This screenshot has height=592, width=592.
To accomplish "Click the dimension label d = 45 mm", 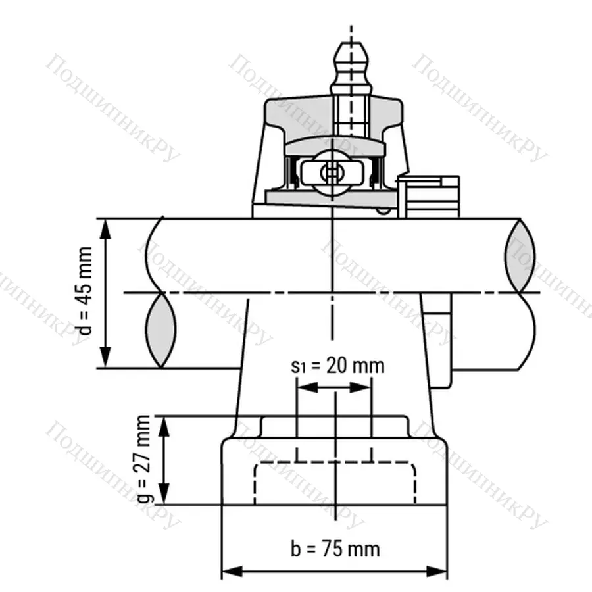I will point(85,293).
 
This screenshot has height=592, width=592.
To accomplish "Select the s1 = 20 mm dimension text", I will point(337,366).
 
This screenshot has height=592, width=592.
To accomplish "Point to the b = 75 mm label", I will point(335,548).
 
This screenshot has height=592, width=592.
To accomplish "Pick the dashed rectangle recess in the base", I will point(335,483).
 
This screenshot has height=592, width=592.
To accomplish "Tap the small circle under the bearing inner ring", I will point(382,211).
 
